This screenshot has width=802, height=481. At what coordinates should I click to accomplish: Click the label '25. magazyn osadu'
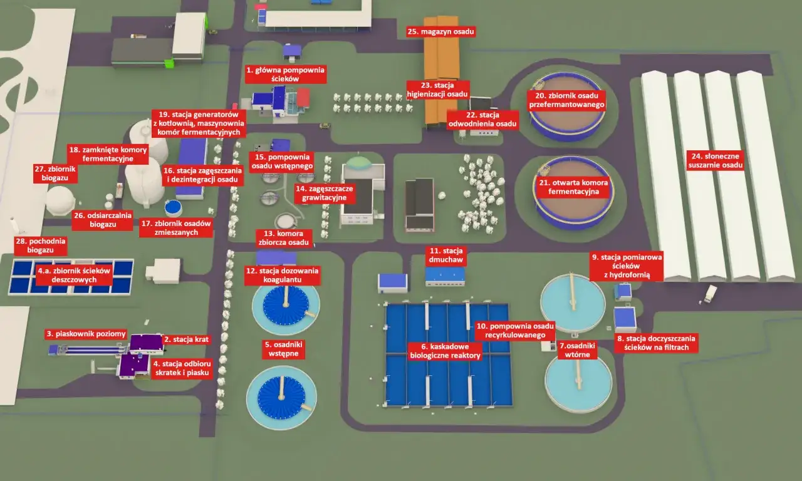click(440, 31)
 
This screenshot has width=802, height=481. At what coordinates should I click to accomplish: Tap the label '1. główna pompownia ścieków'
click(285, 74)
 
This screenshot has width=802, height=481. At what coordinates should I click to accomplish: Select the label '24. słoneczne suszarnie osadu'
click(716, 161)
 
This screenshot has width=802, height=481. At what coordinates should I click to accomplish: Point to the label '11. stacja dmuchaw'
click(445, 255)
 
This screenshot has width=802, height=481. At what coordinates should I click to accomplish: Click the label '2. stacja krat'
click(186, 339)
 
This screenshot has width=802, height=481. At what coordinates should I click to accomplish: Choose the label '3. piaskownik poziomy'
click(86, 334)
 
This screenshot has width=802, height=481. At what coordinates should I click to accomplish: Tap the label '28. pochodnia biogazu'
click(41, 246)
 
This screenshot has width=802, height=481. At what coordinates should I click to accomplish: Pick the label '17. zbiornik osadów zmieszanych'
click(176, 228)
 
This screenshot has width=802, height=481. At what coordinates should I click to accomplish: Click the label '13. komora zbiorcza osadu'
click(284, 238)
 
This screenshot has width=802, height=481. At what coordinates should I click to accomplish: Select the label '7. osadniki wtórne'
click(577, 350)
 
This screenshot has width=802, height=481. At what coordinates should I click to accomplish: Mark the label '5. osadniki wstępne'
click(284, 349)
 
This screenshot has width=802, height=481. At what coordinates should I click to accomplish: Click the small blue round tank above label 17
click(174, 207)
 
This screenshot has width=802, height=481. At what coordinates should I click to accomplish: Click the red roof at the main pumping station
click(303, 98)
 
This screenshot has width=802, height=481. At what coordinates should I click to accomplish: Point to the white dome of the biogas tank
click(60, 200)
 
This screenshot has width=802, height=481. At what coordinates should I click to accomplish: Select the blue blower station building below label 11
click(445, 276)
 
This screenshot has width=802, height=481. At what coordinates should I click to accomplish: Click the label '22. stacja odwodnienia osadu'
click(482, 120)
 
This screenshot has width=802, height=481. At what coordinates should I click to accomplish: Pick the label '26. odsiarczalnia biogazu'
click(103, 220)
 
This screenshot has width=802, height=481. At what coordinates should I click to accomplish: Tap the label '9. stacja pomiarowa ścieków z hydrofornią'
click(627, 266)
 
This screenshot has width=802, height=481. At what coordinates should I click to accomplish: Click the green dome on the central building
click(359, 162)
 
